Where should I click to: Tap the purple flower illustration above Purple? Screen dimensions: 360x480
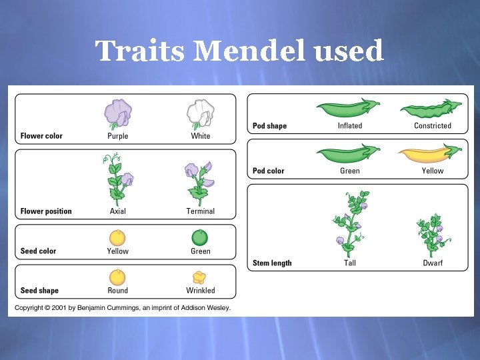point(118,113)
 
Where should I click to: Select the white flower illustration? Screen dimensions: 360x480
point(200,113)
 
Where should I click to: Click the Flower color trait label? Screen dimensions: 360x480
point(41,136)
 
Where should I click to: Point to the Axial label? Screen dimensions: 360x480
point(118,211)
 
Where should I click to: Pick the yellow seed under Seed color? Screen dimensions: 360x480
point(118,237)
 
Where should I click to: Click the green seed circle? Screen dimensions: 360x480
point(200,237)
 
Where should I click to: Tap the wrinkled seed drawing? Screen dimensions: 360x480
point(199,277)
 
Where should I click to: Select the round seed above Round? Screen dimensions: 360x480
point(118,277)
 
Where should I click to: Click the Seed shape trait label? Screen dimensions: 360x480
point(39,291)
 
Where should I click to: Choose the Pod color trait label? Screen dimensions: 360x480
point(269,171)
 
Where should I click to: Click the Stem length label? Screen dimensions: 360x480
point(272,263)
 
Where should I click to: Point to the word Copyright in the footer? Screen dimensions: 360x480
point(32,308)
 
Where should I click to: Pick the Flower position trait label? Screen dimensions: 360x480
point(46,211)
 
